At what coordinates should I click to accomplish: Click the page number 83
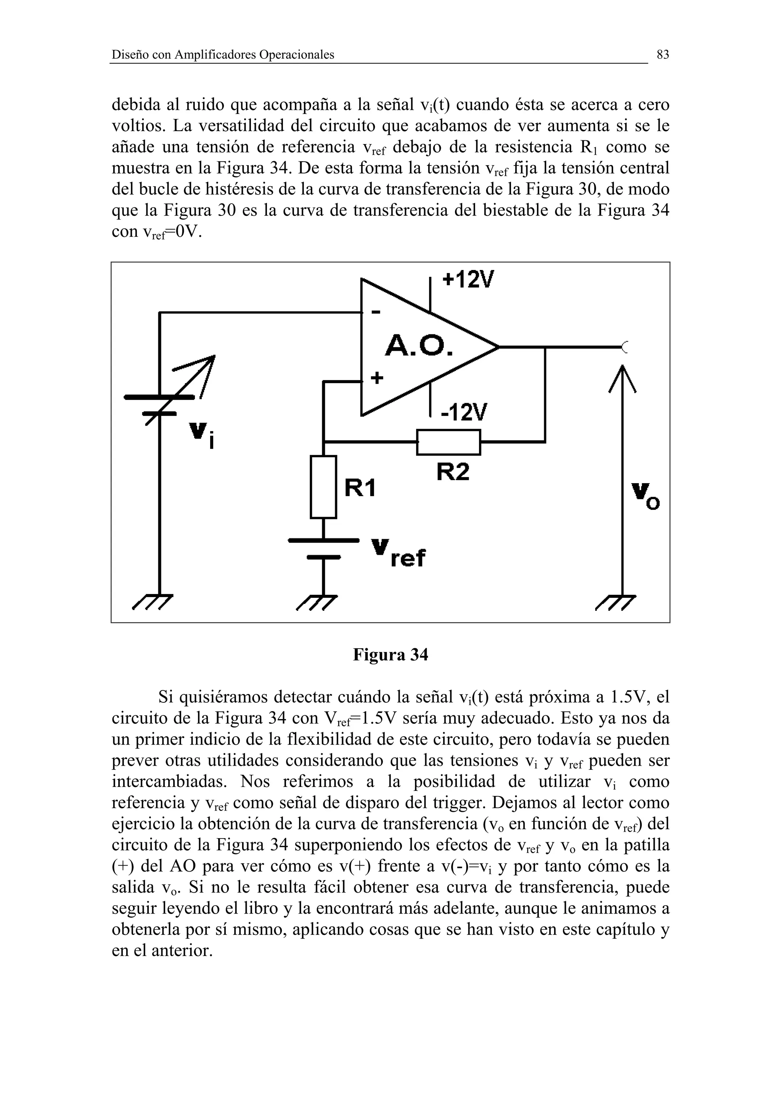click(x=663, y=55)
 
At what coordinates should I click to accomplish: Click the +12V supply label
click(x=468, y=279)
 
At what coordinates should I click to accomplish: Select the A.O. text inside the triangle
click(x=419, y=345)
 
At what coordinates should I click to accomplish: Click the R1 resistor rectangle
click(x=323, y=487)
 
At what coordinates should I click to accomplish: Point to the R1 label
click(x=360, y=488)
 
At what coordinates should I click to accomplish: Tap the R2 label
click(x=453, y=472)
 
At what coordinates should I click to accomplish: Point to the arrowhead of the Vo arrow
click(x=623, y=378)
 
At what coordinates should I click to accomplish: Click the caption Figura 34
click(x=390, y=655)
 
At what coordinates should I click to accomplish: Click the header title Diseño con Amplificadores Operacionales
click(x=223, y=55)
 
